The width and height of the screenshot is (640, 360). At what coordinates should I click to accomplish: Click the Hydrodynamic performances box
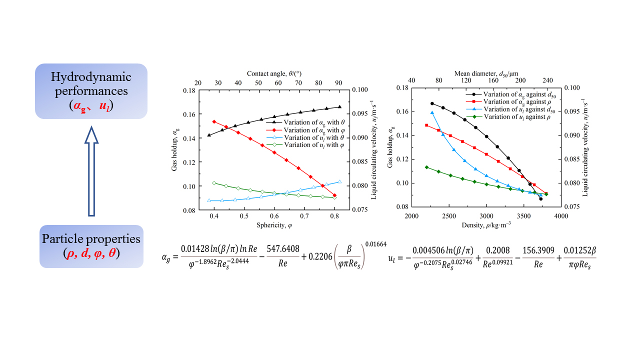[x=91, y=91]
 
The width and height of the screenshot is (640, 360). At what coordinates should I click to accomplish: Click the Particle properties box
[x=91, y=246]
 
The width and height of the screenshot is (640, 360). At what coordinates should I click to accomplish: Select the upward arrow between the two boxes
[x=91, y=170]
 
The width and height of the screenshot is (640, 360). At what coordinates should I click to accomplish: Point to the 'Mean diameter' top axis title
[x=486, y=73]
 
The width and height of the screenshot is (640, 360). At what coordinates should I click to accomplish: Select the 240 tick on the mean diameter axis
[x=547, y=80]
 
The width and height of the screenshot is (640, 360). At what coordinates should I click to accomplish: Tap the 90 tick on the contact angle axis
[x=338, y=82]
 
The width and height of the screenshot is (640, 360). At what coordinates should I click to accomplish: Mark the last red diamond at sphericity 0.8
[x=334, y=195]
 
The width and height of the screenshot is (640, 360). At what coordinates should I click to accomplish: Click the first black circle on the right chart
[x=432, y=103]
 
